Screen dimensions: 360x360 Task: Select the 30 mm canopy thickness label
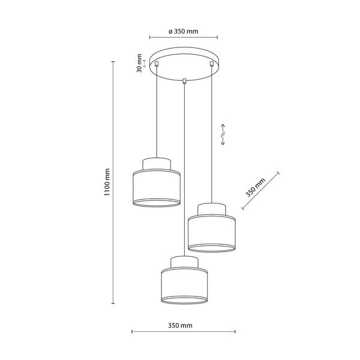(x=139, y=64)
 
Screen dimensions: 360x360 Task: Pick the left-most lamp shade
(x=155, y=187)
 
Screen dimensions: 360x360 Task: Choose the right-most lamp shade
(x=211, y=232)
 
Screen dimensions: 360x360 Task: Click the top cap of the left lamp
(x=155, y=164)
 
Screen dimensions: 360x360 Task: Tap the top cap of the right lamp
(x=211, y=209)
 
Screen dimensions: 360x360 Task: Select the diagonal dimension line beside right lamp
(x=260, y=191)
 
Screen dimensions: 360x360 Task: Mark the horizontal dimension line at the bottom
(x=183, y=332)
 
